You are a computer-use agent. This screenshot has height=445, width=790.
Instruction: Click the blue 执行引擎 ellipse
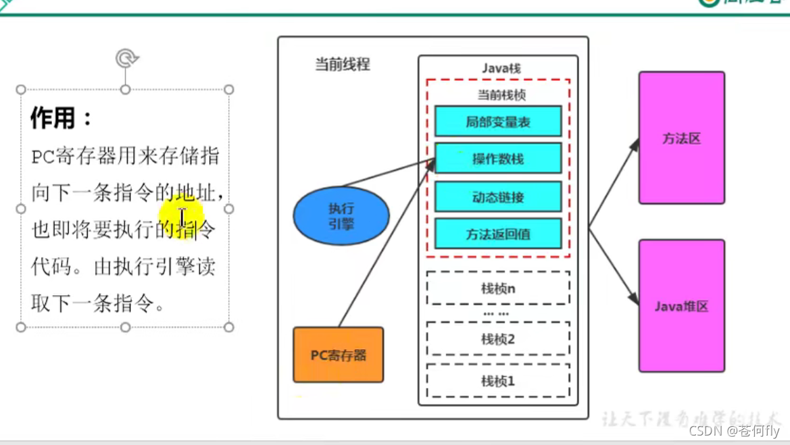[x=341, y=216]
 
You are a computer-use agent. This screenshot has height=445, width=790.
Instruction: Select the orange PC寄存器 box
[x=338, y=355]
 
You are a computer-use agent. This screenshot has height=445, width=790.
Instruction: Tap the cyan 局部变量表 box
[x=498, y=122]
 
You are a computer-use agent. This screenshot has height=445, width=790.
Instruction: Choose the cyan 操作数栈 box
[x=498, y=159]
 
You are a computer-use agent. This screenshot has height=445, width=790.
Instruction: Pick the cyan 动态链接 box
[x=498, y=197]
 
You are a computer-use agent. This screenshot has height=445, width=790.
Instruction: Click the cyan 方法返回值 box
[x=498, y=234]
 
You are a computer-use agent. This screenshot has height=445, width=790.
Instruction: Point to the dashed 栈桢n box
[x=498, y=288]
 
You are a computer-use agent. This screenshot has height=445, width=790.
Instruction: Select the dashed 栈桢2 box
[x=498, y=339]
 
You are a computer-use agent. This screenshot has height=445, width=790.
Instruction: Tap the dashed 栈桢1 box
[x=498, y=381]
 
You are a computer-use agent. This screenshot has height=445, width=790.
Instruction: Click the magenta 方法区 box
[x=681, y=138]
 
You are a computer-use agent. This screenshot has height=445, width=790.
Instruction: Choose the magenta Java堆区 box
[x=681, y=306]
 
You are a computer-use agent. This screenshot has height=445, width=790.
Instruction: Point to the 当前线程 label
[x=342, y=66]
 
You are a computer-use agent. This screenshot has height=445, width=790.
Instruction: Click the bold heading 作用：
[x=61, y=119]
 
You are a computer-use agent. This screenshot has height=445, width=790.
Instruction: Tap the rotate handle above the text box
[x=125, y=59]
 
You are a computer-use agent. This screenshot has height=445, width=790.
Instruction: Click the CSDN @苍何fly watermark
[x=735, y=431]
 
